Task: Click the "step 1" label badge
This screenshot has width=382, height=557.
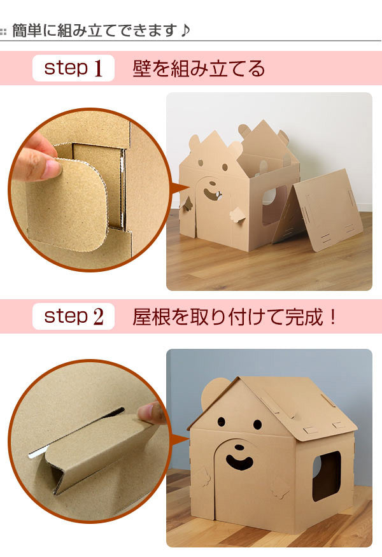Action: coord(73,68)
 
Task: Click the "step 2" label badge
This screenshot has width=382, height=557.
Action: coord(73,316)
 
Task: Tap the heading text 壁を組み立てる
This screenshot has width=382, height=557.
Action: coord(199,68)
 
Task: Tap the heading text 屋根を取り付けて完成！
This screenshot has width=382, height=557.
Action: coord(234,316)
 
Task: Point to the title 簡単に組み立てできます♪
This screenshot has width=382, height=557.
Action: coord(101,30)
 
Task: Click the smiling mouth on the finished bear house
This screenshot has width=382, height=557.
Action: coord(240,462)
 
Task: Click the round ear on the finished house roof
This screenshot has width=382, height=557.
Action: coord(213,394)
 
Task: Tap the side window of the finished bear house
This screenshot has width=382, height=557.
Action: coord(326,476)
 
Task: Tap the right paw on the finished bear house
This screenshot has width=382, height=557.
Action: coord(281,488)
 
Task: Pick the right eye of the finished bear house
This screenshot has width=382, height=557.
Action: coord(257,424)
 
